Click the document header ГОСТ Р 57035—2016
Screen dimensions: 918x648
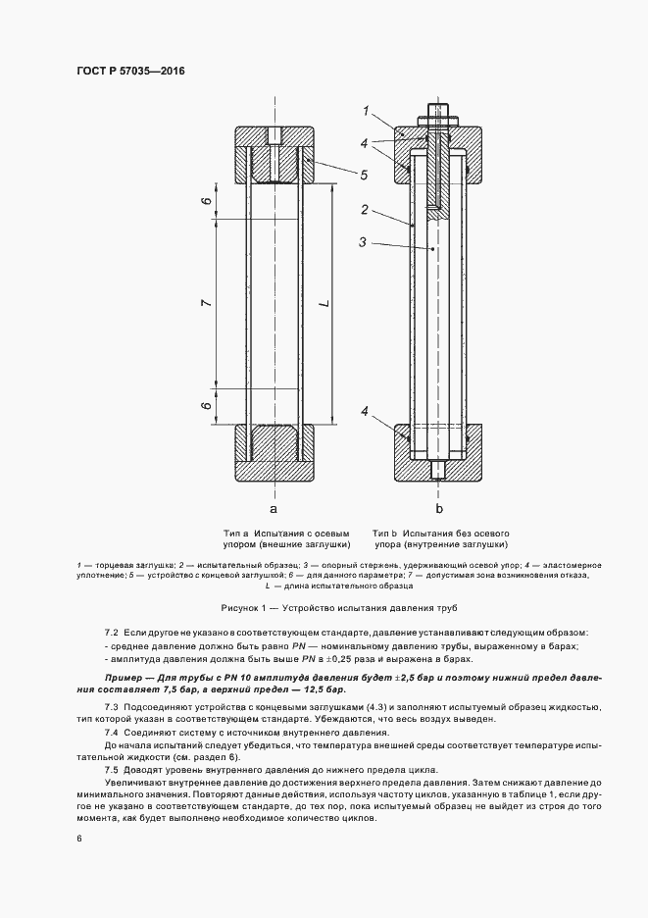[131, 72]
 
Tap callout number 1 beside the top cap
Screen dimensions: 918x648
[365, 111]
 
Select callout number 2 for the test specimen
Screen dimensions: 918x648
[364, 210]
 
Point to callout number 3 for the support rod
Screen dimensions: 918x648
[364, 241]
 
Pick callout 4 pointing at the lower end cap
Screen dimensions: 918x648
[364, 412]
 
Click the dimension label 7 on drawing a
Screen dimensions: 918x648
[206, 303]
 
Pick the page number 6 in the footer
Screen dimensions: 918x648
[79, 839]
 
